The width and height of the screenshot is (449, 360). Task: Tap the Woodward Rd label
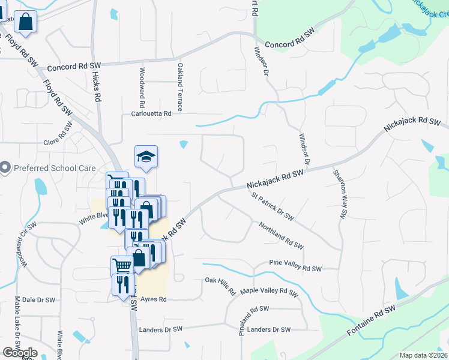tap(142, 83)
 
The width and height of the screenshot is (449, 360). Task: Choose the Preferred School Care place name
tap(54, 167)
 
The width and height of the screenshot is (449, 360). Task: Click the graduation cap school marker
tap(146, 157)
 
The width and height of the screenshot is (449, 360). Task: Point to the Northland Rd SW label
tap(281, 236)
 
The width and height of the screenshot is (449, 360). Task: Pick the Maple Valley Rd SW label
tap(269, 292)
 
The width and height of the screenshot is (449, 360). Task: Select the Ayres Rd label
tap(153, 299)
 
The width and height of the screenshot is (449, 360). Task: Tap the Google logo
tap(20, 353)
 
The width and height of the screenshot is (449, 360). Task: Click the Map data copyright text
tap(423, 355)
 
